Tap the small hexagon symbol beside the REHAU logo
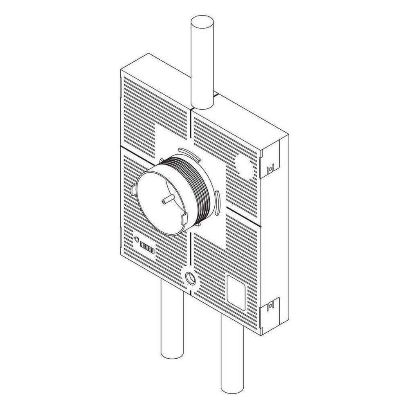pyautogui.click(x=137, y=239)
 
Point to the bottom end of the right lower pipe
pyautogui.click(x=232, y=389)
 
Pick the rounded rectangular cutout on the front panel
pyautogui.click(x=236, y=293)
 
